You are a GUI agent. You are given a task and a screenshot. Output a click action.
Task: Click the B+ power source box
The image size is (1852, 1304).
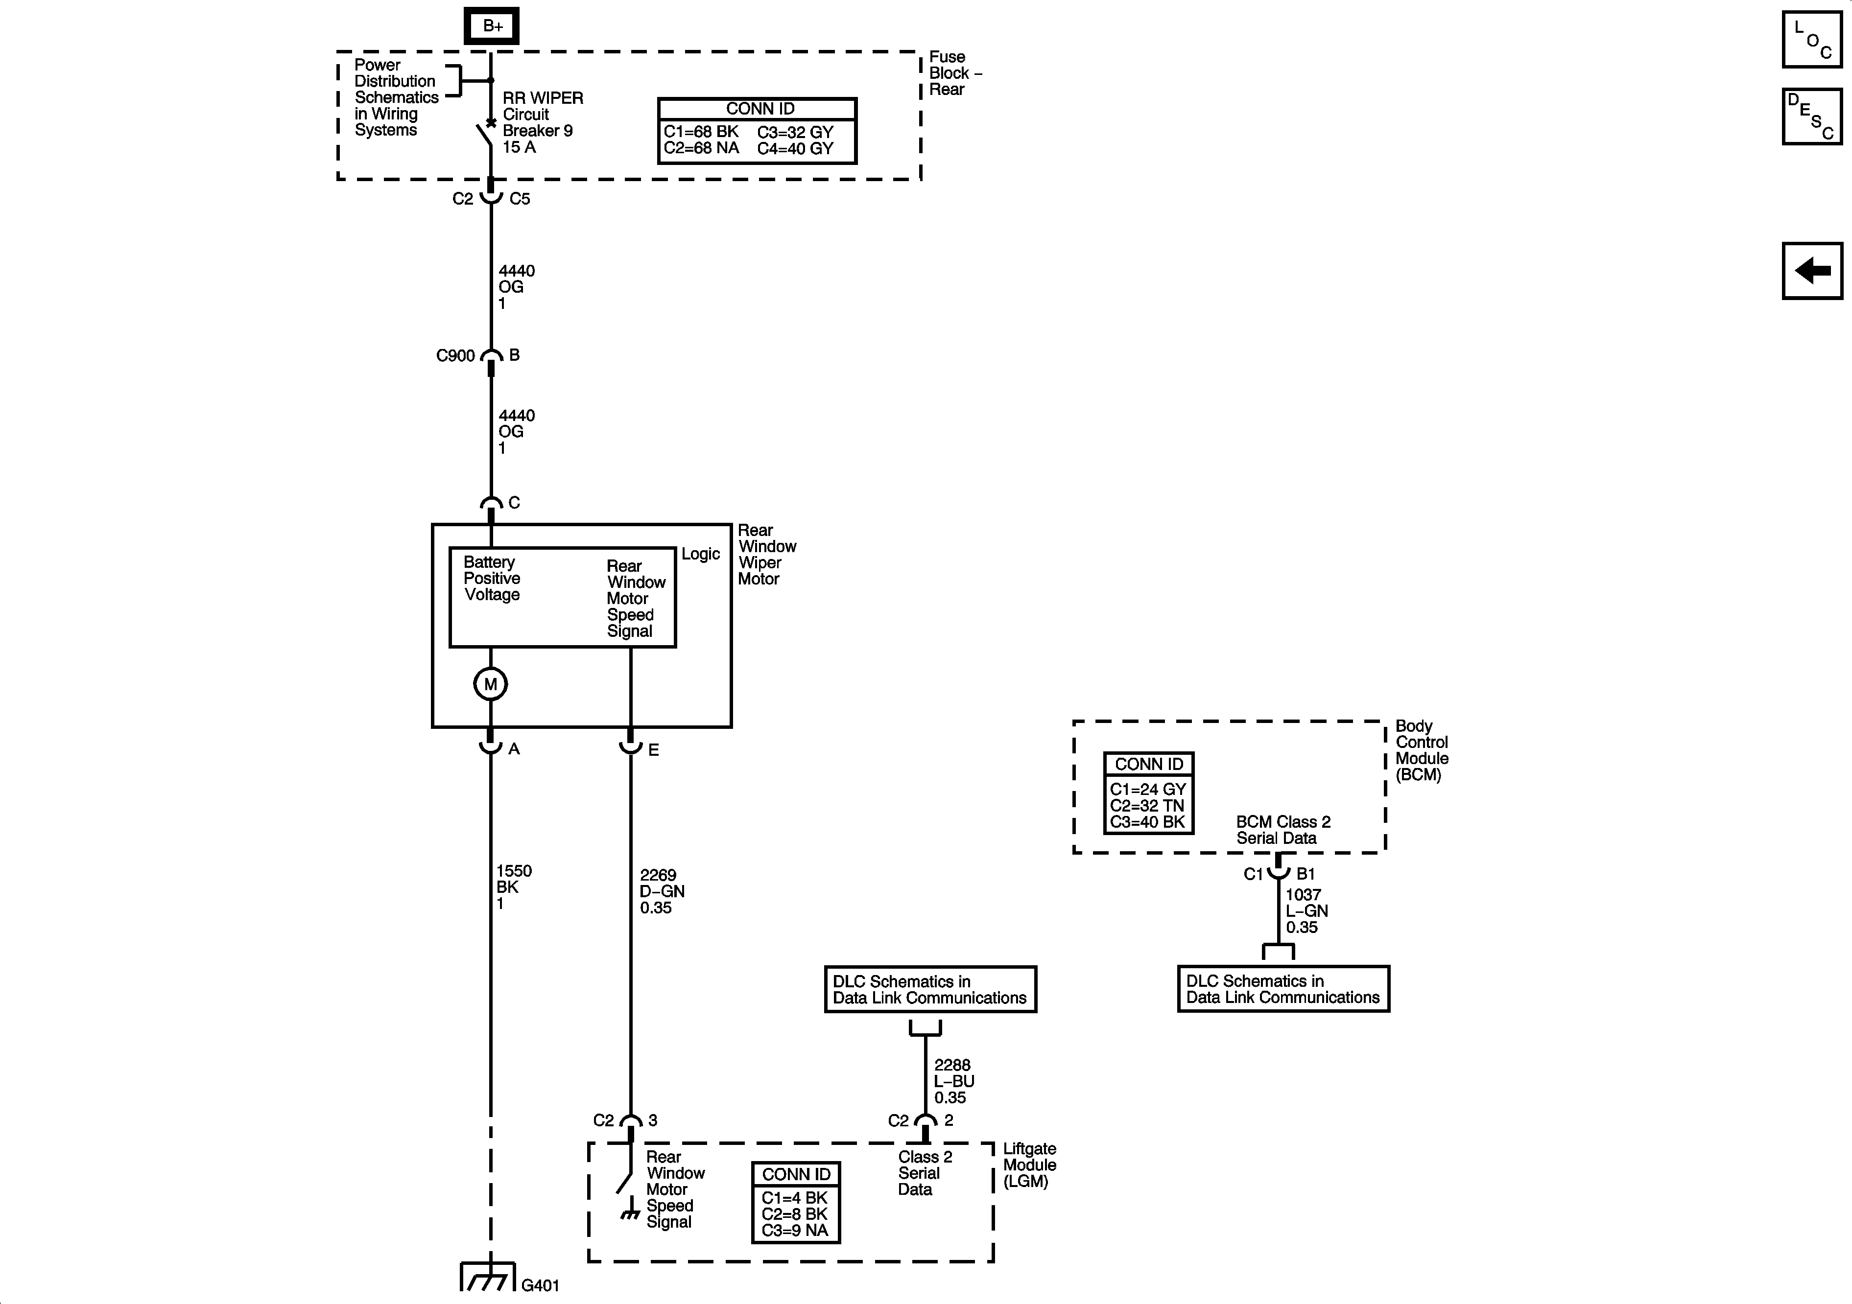[x=491, y=26]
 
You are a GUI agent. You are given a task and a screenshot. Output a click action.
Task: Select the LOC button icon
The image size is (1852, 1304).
[x=1812, y=40]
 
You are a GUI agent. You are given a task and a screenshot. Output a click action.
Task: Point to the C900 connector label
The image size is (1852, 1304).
[x=455, y=356]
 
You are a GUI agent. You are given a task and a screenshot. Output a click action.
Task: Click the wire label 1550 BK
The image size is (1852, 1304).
[x=513, y=887]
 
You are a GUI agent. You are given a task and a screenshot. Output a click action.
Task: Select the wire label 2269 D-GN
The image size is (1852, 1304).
[x=662, y=891]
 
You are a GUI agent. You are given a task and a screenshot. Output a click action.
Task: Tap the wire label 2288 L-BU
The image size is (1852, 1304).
[x=953, y=1081]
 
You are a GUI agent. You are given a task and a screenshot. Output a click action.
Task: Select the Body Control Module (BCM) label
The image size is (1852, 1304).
[x=1421, y=750]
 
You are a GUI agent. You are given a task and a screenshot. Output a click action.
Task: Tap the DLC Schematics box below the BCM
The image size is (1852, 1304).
[x=1282, y=989]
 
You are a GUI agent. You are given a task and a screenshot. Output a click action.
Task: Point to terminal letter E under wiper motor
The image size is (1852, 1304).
[x=653, y=750]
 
